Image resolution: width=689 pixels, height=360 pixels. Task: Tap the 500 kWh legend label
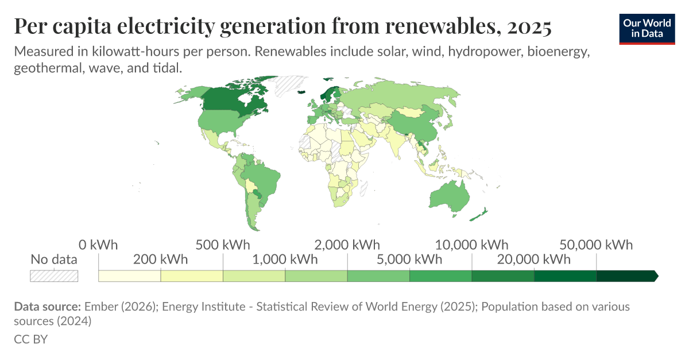223,245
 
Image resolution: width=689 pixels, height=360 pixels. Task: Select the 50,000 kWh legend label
597,245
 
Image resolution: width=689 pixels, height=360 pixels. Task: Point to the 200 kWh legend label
160,259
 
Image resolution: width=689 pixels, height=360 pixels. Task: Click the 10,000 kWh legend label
472,245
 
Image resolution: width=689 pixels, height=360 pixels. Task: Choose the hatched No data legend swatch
54,276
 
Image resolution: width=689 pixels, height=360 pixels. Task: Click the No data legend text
54,259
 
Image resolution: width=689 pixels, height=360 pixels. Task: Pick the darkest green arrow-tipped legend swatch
626,276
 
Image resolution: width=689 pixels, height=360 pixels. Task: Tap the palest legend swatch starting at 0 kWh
130,276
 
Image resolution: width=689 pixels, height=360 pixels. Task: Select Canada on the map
230,100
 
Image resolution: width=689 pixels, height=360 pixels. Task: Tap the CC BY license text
30,339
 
